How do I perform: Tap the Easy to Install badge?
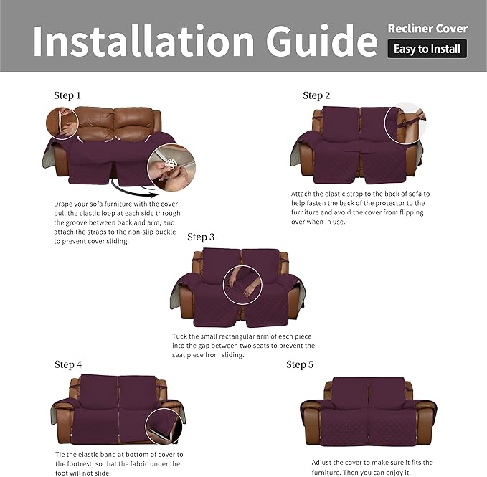click(427, 49)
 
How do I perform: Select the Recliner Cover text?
click(427, 29)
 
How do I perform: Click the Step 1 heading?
click(67, 95)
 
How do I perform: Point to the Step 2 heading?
click(316, 95)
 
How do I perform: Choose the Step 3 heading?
click(201, 237)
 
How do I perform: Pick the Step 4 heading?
click(68, 364)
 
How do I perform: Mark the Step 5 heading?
click(300, 364)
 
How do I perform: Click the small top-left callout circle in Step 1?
click(63, 122)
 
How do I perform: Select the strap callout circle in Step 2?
click(405, 123)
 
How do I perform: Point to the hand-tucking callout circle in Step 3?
click(242, 284)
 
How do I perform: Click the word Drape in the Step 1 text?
click(65, 204)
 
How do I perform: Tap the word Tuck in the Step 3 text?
click(180, 336)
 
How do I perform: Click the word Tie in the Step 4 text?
click(61, 454)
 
